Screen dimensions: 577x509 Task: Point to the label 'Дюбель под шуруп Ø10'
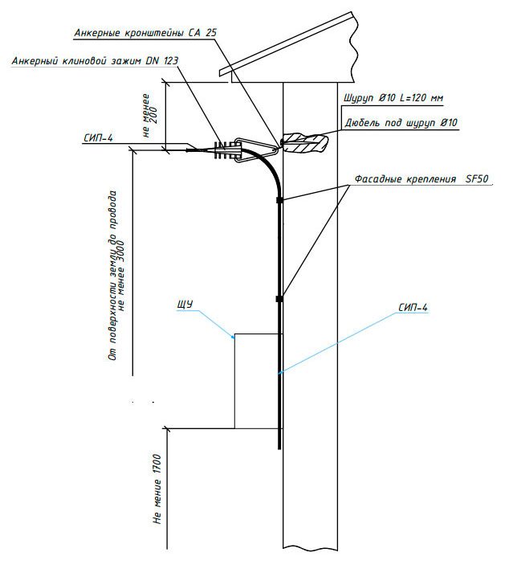(x=401, y=123)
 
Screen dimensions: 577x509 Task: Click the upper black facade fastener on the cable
(x=279, y=198)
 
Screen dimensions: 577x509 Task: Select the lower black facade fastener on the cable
(x=279, y=299)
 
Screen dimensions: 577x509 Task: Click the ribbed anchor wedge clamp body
(x=225, y=149)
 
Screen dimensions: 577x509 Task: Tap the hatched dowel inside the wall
(x=305, y=142)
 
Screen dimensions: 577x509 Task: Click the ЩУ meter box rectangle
(x=257, y=380)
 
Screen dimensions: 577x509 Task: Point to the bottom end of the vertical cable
(x=279, y=447)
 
